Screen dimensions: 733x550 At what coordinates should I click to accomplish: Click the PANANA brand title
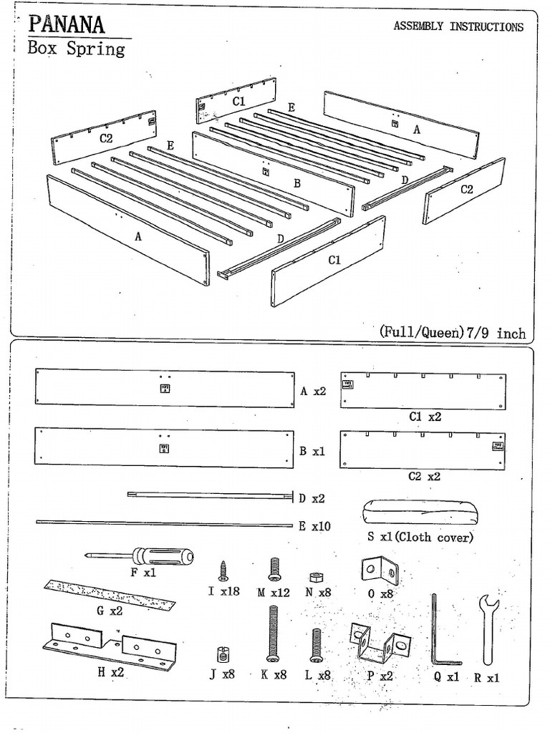[x=67, y=26]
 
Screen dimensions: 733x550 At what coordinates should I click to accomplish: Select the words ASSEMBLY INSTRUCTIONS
[x=458, y=27]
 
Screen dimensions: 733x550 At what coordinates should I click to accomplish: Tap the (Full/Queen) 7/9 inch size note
[x=453, y=333]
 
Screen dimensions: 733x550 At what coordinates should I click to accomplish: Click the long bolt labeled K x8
[x=273, y=633]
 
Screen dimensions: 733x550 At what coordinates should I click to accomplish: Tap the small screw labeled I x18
[x=223, y=571]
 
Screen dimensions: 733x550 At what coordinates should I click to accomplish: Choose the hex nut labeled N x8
[x=312, y=577]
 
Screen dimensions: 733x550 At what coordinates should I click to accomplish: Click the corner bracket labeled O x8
[x=377, y=571]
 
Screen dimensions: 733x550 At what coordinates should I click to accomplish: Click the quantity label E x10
[x=314, y=526]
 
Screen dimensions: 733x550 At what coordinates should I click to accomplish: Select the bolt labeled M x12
[x=273, y=570]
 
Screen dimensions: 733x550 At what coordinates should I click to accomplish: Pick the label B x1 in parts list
[x=312, y=452]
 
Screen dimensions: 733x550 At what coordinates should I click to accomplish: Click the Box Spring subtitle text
[x=76, y=49]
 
